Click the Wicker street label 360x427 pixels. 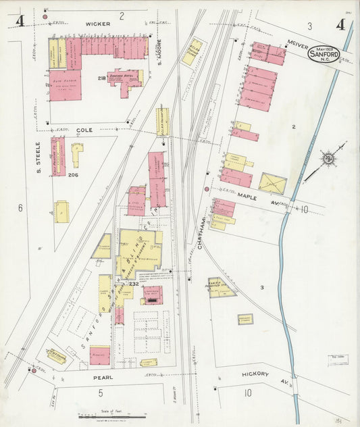coord(93,23)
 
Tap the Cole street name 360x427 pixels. coord(84,129)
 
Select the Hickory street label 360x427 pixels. coord(255,374)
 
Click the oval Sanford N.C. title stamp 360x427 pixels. coord(324,53)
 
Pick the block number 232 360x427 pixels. coord(134,284)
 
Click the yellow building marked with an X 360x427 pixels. coord(272,183)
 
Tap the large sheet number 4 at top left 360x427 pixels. coord(20,22)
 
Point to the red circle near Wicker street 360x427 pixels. coord(45,16)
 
